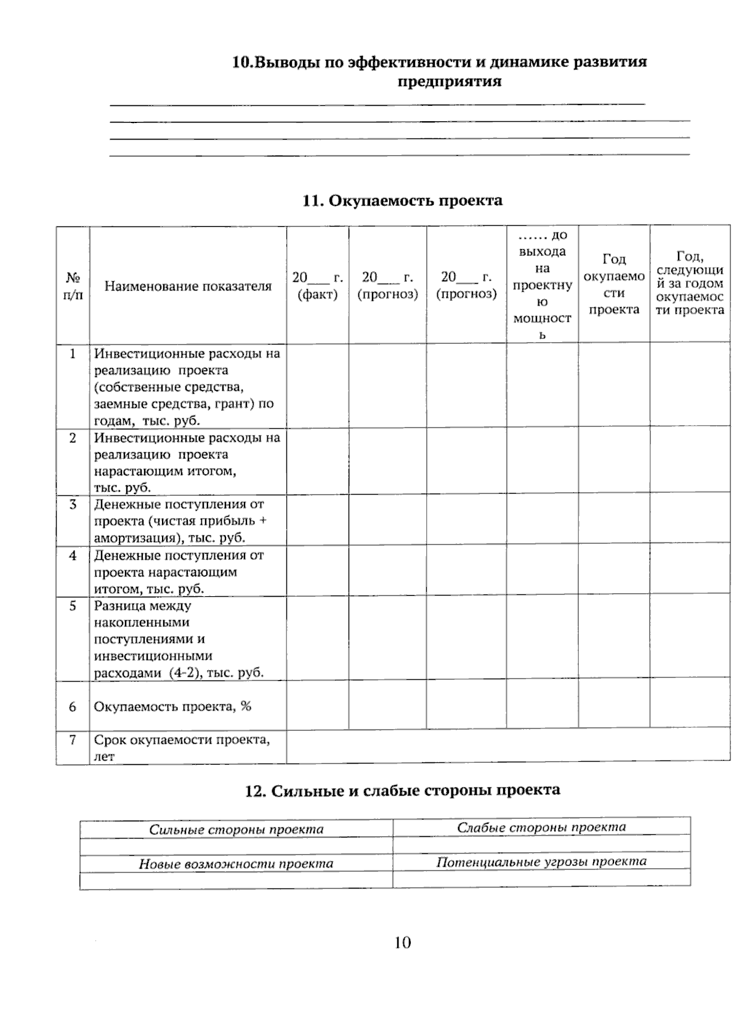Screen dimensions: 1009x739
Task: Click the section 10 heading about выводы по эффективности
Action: click(439, 71)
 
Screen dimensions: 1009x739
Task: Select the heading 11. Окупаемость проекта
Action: click(402, 201)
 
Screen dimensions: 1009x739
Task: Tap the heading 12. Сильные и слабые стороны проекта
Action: click(402, 790)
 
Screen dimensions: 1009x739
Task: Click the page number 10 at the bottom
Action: click(402, 942)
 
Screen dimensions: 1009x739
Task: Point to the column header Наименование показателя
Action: click(188, 286)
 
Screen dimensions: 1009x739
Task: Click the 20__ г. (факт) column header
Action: click(318, 285)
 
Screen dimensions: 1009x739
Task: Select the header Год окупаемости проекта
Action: click(614, 284)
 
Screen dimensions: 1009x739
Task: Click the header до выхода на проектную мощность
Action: click(542, 285)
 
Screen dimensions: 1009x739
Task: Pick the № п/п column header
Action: click(73, 286)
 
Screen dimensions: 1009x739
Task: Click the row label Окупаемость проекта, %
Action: click(172, 706)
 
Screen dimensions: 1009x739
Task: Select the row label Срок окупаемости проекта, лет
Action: click(182, 748)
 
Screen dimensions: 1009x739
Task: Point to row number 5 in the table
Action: click(73, 606)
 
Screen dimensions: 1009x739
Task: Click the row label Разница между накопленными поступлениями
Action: click(179, 639)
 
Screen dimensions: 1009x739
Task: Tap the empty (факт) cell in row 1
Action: click(318, 386)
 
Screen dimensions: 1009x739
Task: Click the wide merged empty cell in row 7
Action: click(508, 747)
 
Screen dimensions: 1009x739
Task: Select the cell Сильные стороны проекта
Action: click(236, 829)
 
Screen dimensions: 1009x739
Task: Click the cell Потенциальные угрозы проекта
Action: click(541, 861)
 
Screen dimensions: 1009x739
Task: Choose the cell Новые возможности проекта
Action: click(236, 864)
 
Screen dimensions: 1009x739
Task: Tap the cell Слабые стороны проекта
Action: click(541, 827)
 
